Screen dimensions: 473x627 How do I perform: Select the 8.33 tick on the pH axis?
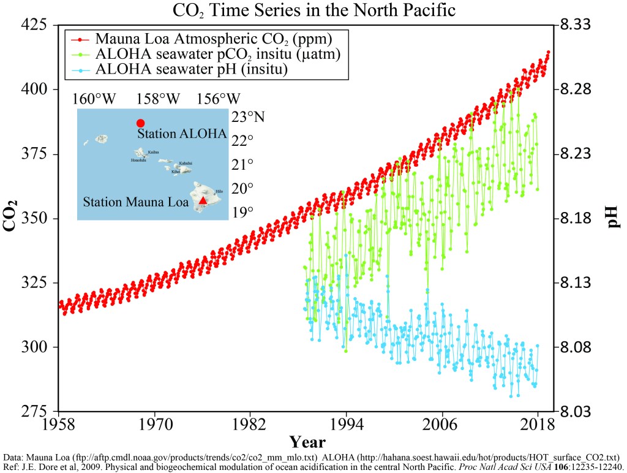(575, 25)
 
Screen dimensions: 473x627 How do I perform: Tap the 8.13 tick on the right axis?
(575, 283)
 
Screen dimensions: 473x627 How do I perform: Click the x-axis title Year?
(307, 442)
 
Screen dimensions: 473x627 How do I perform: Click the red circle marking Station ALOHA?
(140, 123)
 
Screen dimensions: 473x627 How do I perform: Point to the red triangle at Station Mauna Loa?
(203, 200)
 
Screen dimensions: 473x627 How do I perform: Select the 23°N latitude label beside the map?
(246, 116)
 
